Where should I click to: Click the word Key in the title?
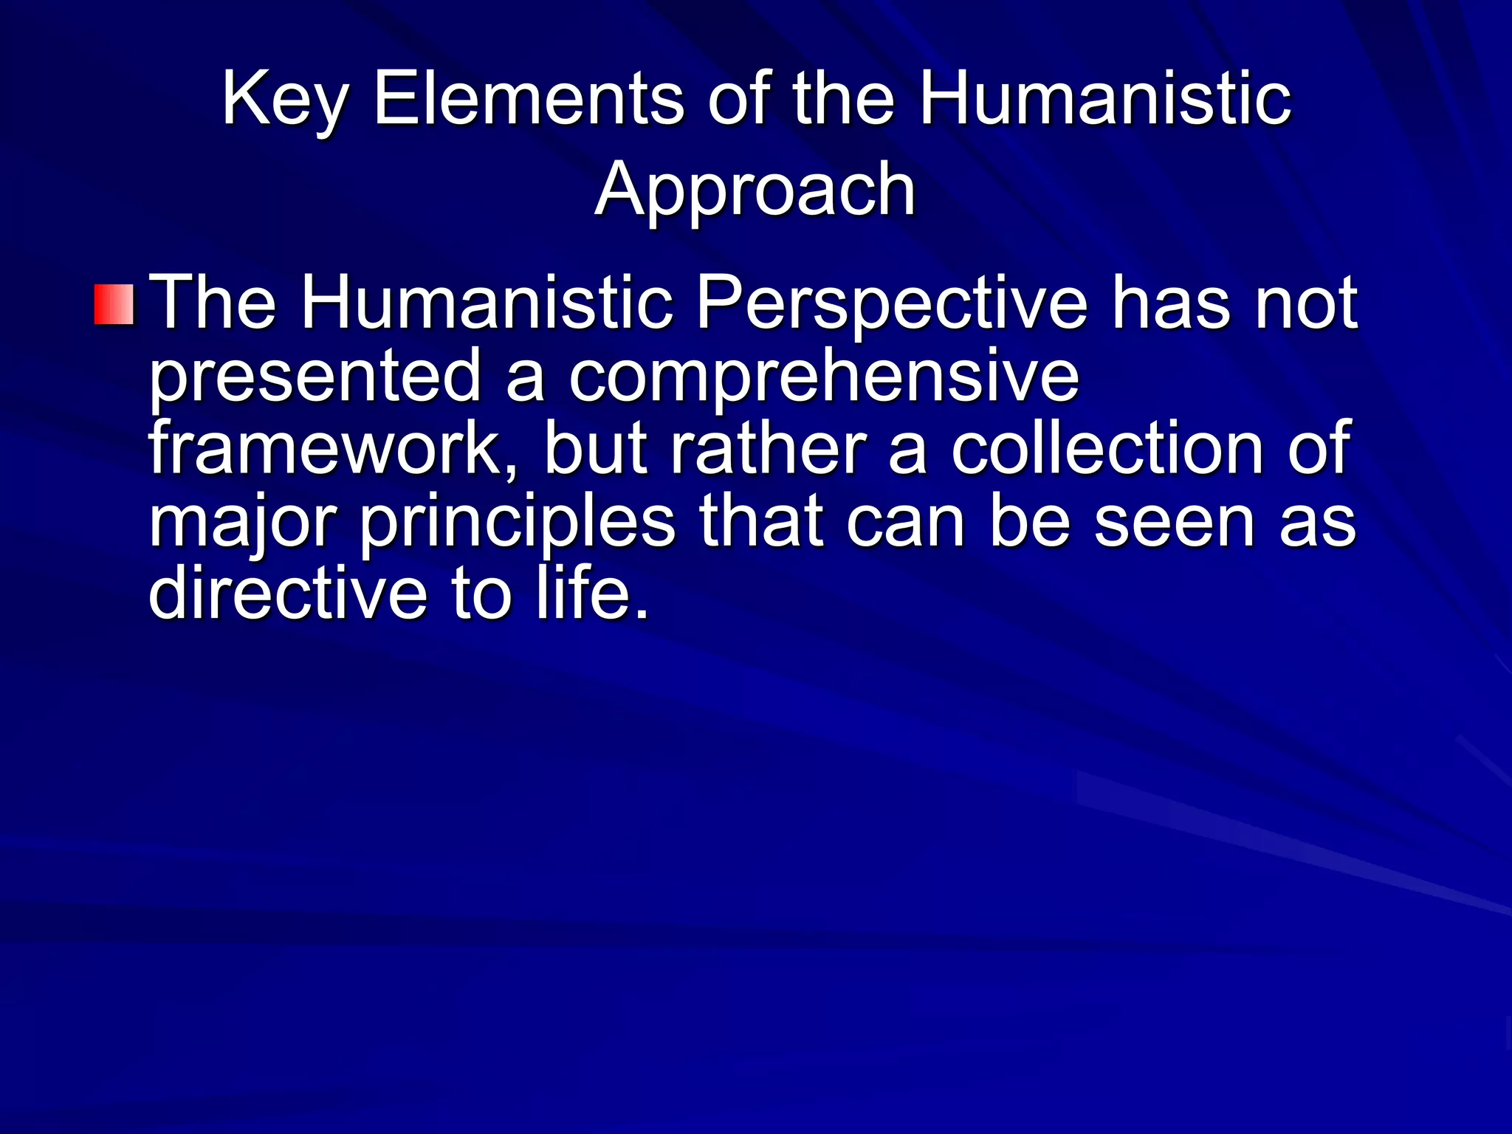pos(284,100)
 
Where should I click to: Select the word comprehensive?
pos(823,377)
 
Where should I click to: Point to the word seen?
pos(1174,521)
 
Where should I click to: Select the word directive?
pos(288,593)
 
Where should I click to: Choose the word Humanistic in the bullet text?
pos(487,303)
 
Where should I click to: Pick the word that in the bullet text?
pos(760,521)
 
